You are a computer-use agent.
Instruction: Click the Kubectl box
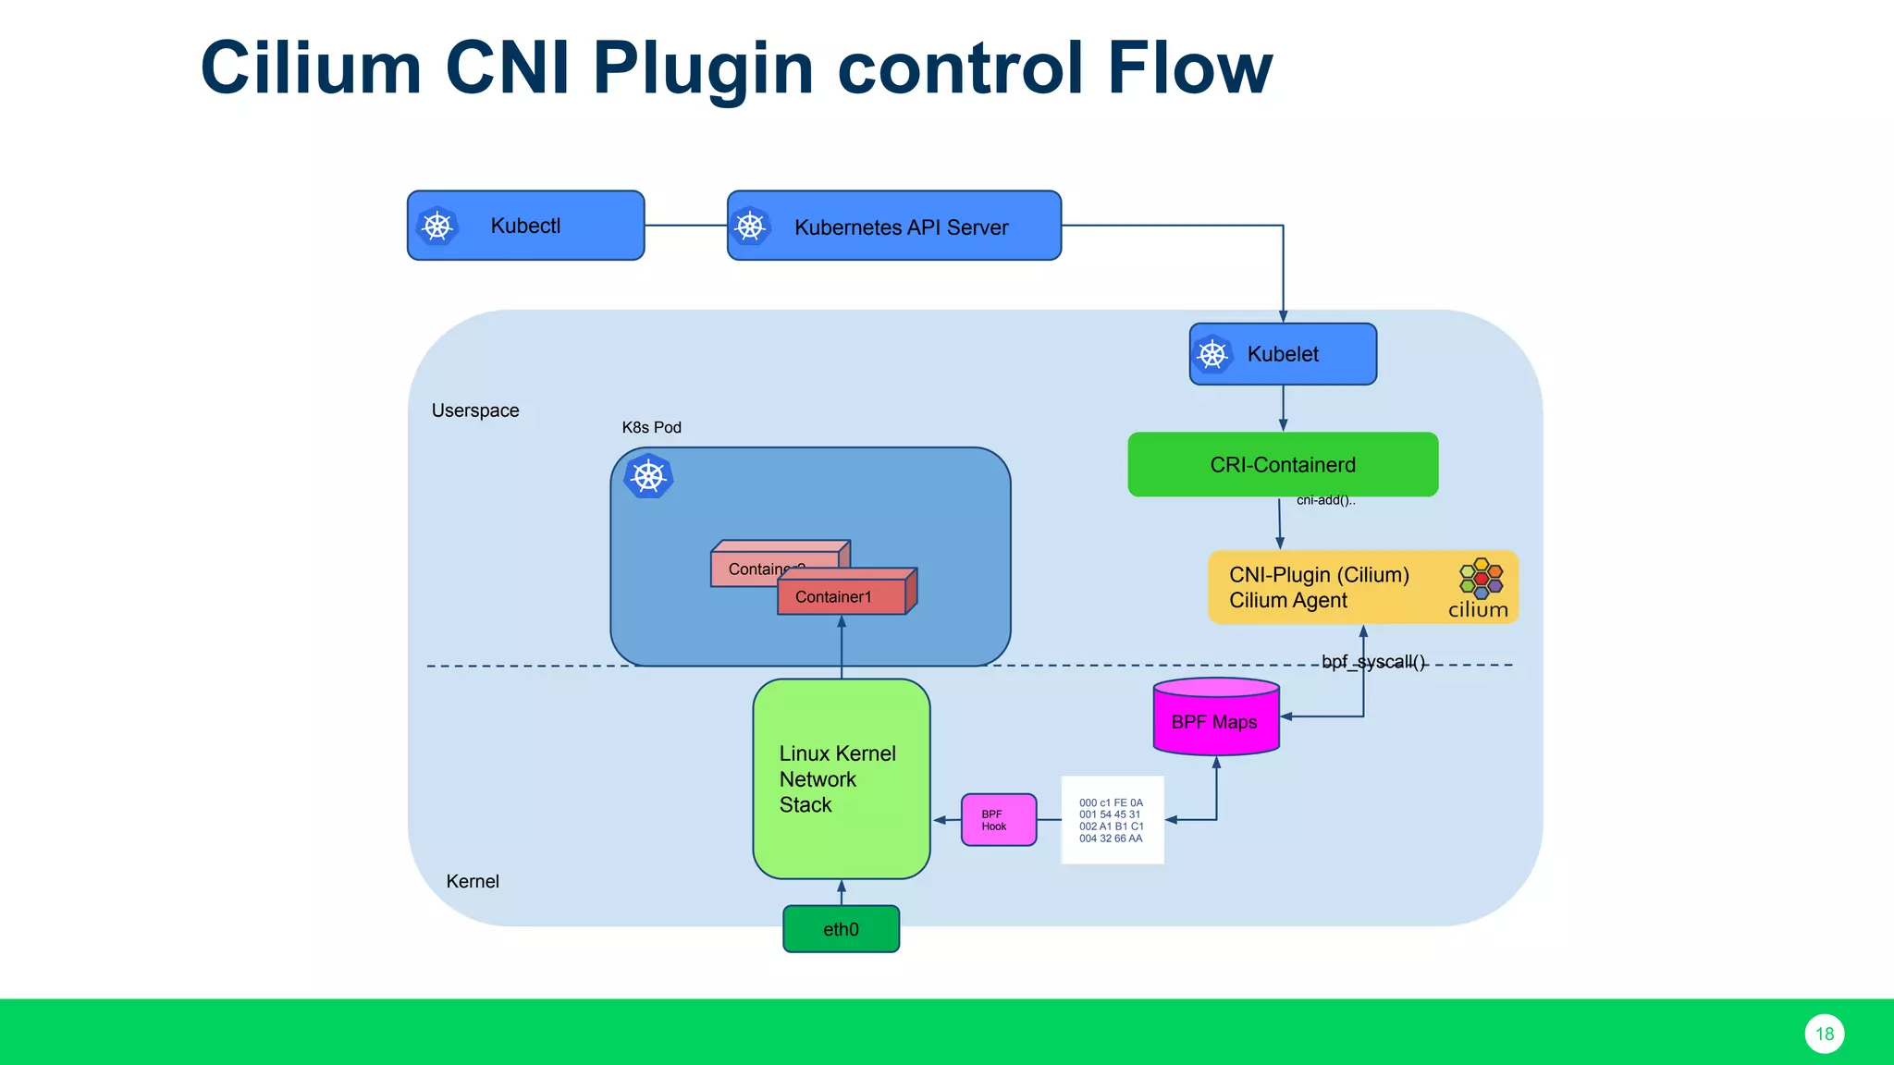[x=525, y=226]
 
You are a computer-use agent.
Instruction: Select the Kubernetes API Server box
[x=893, y=226]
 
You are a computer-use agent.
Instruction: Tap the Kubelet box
[x=1283, y=354]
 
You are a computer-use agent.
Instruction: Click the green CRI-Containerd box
[x=1283, y=464]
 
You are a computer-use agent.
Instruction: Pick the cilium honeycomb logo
[x=1481, y=579]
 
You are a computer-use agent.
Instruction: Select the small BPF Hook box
[x=998, y=820]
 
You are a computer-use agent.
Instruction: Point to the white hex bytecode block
[x=1112, y=820]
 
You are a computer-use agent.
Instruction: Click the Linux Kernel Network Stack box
[x=841, y=778]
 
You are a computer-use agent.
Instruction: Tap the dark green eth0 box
[x=841, y=929]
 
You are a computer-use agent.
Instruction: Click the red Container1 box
[x=842, y=596]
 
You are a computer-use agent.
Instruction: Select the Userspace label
[x=475, y=410]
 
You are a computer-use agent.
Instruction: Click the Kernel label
[x=473, y=881]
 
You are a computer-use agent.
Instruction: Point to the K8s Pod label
[x=651, y=427]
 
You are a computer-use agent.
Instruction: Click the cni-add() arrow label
[x=1325, y=501]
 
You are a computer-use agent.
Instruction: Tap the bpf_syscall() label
[x=1373, y=662]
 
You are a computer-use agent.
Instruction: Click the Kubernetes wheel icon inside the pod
[x=648, y=477]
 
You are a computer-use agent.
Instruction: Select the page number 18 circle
[x=1824, y=1034]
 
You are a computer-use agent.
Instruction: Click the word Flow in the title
[x=1189, y=68]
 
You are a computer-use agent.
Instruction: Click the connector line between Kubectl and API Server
[x=685, y=226]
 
